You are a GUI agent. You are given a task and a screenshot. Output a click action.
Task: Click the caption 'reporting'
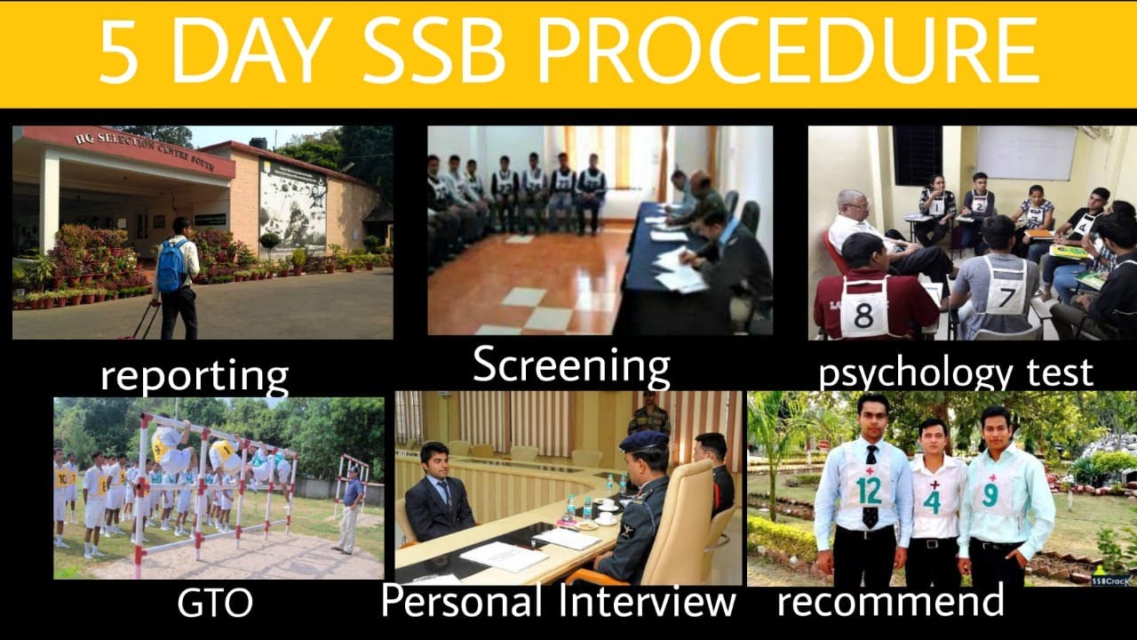(x=194, y=375)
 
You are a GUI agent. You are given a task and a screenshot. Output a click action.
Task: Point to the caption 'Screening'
(x=570, y=365)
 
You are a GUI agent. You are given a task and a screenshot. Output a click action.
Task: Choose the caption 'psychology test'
(x=955, y=372)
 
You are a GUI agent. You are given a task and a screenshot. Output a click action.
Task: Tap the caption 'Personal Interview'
(x=558, y=602)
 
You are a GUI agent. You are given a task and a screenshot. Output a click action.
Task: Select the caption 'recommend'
(x=890, y=602)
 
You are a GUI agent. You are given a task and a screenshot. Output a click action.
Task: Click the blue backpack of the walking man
(x=171, y=265)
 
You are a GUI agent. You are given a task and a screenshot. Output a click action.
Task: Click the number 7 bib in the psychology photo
(x=1005, y=297)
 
